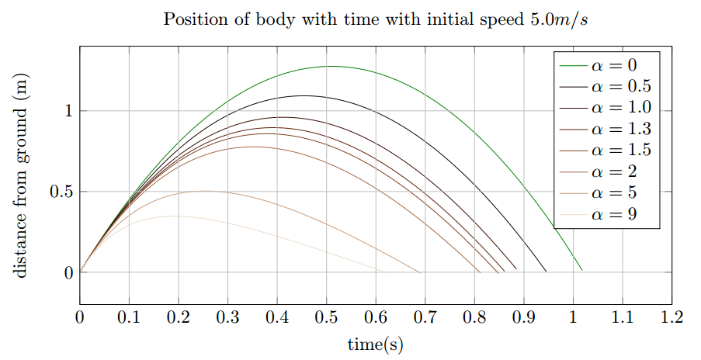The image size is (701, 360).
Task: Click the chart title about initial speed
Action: point(376,19)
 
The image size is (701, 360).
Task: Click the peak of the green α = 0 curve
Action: point(330,67)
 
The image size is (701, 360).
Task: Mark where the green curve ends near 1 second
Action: point(581,270)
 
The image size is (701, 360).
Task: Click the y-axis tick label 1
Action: point(68,111)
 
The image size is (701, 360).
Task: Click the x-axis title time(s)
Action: point(375,344)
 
